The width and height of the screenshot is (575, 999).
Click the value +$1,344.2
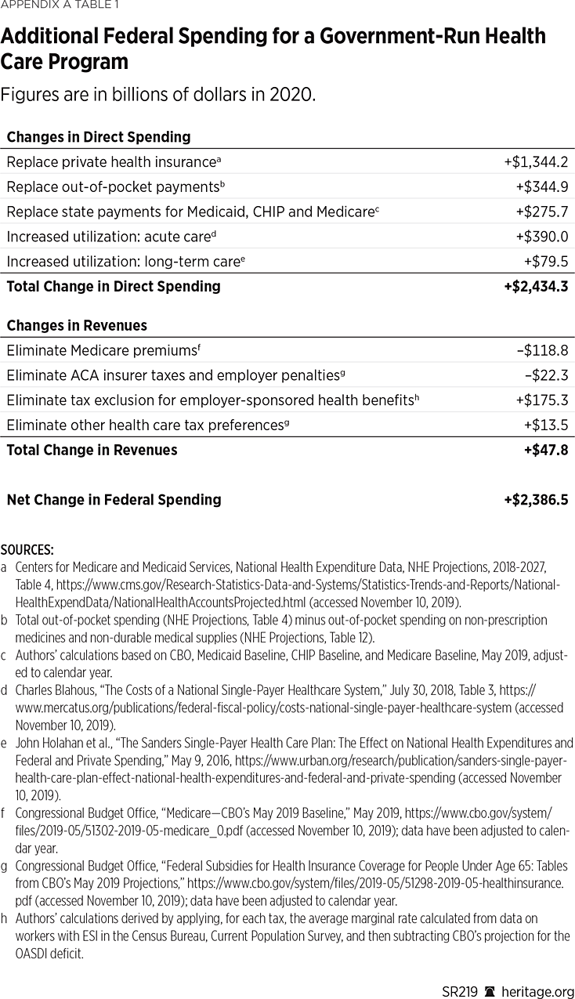click(x=536, y=162)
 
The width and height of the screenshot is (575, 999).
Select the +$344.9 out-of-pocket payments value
click(x=541, y=187)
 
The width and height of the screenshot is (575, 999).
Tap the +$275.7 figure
click(x=541, y=212)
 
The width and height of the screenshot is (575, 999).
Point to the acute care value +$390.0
click(x=541, y=237)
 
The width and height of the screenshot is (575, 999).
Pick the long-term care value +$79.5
click(x=546, y=262)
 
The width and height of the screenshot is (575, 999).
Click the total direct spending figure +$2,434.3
click(x=536, y=287)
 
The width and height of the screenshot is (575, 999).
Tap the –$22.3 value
click(x=546, y=376)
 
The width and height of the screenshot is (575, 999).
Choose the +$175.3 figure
click(x=541, y=400)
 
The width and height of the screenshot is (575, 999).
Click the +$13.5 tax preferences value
click(x=546, y=425)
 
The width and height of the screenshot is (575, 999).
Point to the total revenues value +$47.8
click(x=545, y=451)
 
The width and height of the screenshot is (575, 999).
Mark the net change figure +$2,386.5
click(x=536, y=500)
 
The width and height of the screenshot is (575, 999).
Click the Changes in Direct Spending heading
click(x=99, y=137)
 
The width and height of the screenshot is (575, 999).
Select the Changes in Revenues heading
click(x=77, y=325)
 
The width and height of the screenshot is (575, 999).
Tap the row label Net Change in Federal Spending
click(x=114, y=500)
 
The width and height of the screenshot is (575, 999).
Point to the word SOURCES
click(x=27, y=550)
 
